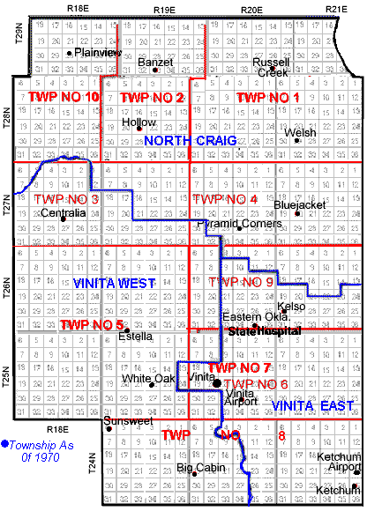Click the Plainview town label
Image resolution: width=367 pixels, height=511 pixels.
point(99,53)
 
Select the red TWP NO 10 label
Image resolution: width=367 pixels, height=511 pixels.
point(64,96)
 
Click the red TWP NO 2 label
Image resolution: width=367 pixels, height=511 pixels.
point(152,97)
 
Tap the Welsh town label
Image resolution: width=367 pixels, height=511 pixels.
point(300,134)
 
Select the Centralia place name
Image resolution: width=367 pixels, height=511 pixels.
point(64,213)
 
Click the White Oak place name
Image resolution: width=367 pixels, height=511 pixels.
point(148,379)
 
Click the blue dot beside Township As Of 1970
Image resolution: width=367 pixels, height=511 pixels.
point(4,444)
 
